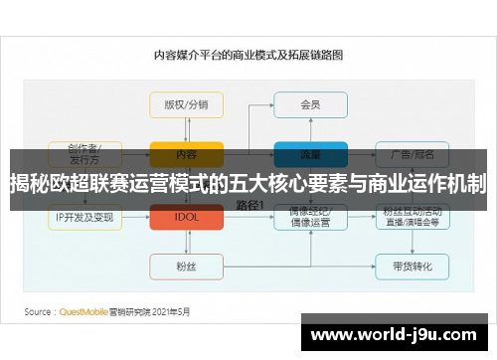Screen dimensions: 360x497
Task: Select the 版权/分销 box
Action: pyautogui.click(x=186, y=103)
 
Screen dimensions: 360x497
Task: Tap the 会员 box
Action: pyautogui.click(x=309, y=103)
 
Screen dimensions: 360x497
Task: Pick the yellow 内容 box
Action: pyautogui.click(x=186, y=154)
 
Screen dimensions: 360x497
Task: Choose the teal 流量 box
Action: pyautogui.click(x=309, y=154)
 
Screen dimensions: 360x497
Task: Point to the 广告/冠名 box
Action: pyautogui.click(x=411, y=154)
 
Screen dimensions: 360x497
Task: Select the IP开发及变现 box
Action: pyautogui.click(x=85, y=216)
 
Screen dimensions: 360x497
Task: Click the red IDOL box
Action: pyautogui.click(x=186, y=216)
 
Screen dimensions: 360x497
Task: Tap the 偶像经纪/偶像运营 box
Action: pyautogui.click(x=309, y=216)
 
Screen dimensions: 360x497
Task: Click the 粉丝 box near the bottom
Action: pyautogui.click(x=186, y=266)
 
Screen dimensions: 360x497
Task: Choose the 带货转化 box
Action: pyautogui.click(x=411, y=266)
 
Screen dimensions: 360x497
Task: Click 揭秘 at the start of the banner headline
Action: pyautogui.click(x=30, y=183)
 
